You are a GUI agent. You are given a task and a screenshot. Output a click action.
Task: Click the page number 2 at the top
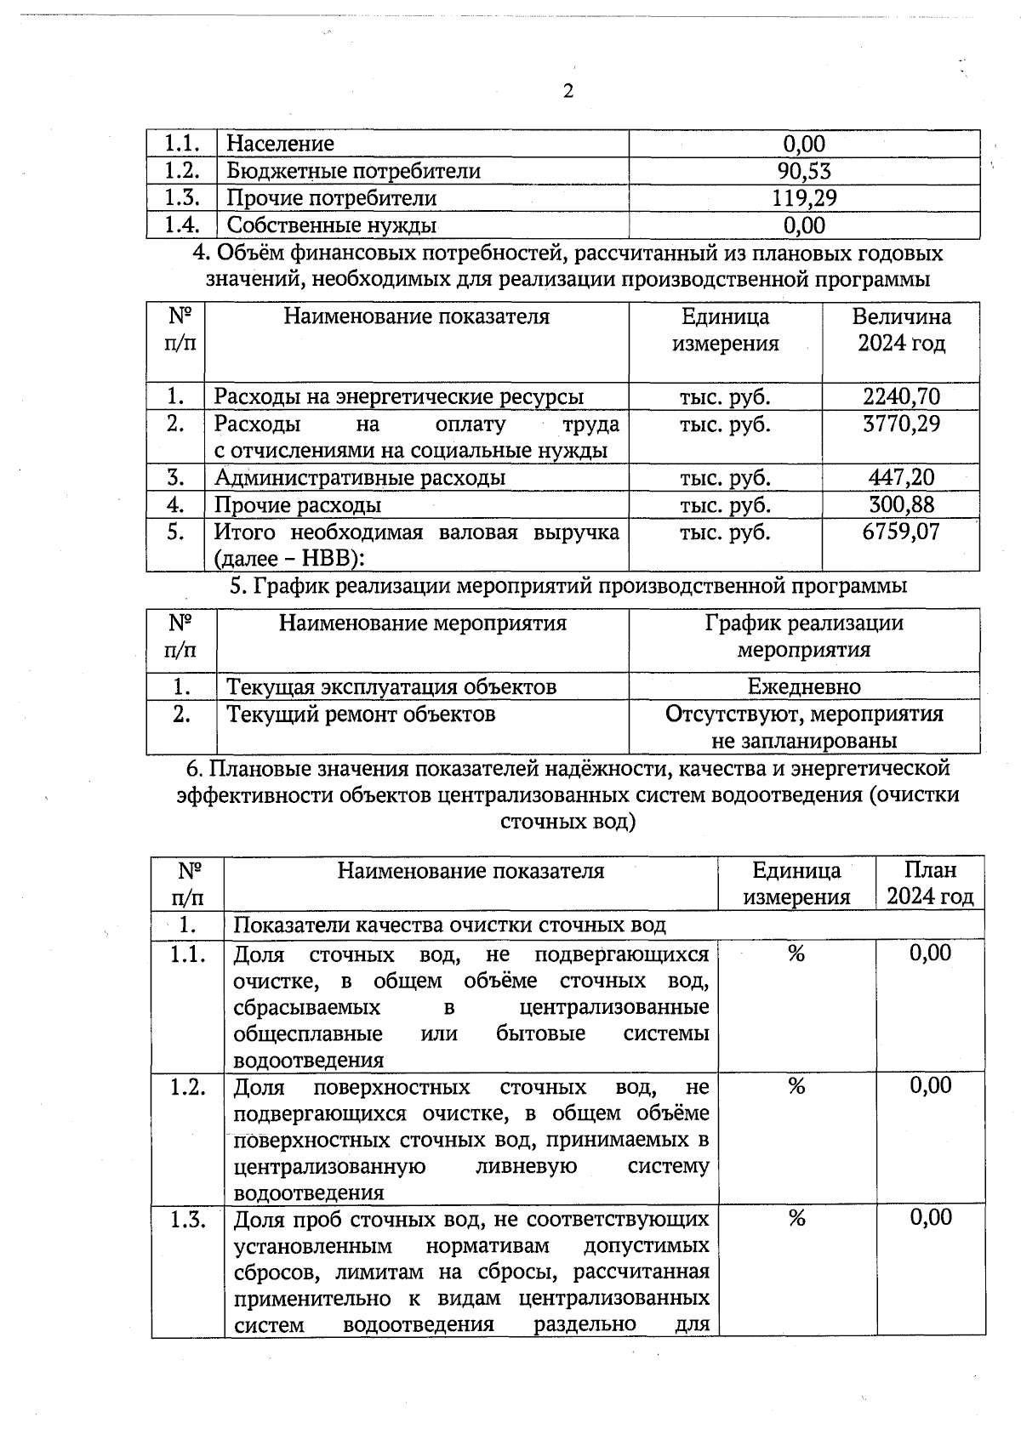click(568, 91)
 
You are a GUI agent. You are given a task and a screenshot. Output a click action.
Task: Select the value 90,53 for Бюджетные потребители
click(804, 171)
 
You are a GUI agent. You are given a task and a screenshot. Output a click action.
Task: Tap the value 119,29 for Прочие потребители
click(804, 198)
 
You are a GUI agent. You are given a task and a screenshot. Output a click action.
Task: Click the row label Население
click(280, 144)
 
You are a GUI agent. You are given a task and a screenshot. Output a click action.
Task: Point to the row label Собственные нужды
click(332, 225)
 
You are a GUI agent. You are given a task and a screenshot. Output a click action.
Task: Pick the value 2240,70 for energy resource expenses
click(901, 396)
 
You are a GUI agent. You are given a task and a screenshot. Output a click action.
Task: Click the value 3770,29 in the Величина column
click(901, 424)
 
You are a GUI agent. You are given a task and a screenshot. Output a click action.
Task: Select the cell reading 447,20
click(901, 477)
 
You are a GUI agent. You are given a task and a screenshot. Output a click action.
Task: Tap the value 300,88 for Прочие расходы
click(901, 504)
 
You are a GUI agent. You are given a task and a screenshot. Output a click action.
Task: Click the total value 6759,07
click(901, 532)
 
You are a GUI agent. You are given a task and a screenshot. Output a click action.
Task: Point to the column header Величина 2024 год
click(901, 330)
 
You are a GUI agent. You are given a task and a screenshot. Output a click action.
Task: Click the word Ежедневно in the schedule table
click(804, 686)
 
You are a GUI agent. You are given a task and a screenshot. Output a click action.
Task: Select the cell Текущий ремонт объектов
click(361, 714)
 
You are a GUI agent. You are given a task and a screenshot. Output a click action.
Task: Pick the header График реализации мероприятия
click(804, 636)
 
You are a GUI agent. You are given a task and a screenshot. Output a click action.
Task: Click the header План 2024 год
click(930, 883)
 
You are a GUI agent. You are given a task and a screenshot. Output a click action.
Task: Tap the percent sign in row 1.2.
click(796, 1086)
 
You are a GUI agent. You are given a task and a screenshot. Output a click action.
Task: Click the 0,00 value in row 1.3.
click(930, 1218)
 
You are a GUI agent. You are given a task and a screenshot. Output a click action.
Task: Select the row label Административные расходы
click(359, 477)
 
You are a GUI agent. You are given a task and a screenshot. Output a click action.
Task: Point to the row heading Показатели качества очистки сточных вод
click(450, 925)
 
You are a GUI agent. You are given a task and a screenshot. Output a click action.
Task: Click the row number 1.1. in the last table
click(187, 954)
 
